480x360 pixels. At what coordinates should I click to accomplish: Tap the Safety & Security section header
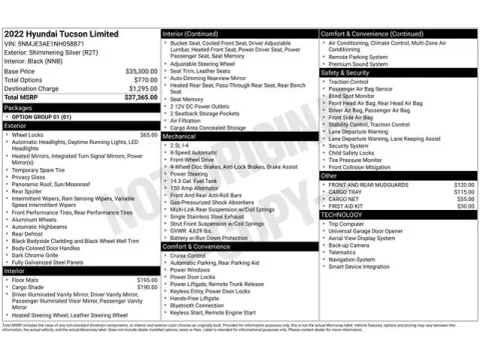pyautogui.click(x=346, y=72)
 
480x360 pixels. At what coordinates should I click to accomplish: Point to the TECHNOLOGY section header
pyautogui.click(x=343, y=215)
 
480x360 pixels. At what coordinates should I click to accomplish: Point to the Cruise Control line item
pyautogui.click(x=189, y=255)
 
